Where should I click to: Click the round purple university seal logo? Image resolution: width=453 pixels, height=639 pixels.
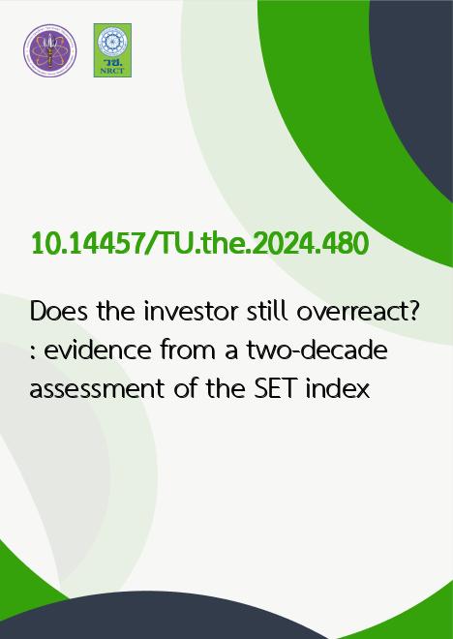(x=49, y=50)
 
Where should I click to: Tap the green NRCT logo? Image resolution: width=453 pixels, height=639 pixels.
(x=112, y=50)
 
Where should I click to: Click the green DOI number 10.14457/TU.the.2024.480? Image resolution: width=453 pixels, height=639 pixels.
(x=200, y=244)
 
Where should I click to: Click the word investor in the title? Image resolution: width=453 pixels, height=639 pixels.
(x=191, y=312)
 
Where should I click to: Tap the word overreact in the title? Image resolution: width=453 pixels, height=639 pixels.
(x=351, y=313)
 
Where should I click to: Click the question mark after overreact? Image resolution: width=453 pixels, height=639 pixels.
(x=412, y=312)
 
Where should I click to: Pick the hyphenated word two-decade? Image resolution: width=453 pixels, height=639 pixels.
(x=317, y=350)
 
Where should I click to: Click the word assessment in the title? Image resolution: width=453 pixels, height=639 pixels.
(x=97, y=389)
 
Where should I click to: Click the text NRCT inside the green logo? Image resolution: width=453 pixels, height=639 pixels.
(x=112, y=72)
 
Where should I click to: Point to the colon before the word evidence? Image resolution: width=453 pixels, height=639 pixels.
(x=33, y=352)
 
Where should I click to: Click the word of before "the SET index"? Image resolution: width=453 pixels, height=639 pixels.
(x=186, y=389)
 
